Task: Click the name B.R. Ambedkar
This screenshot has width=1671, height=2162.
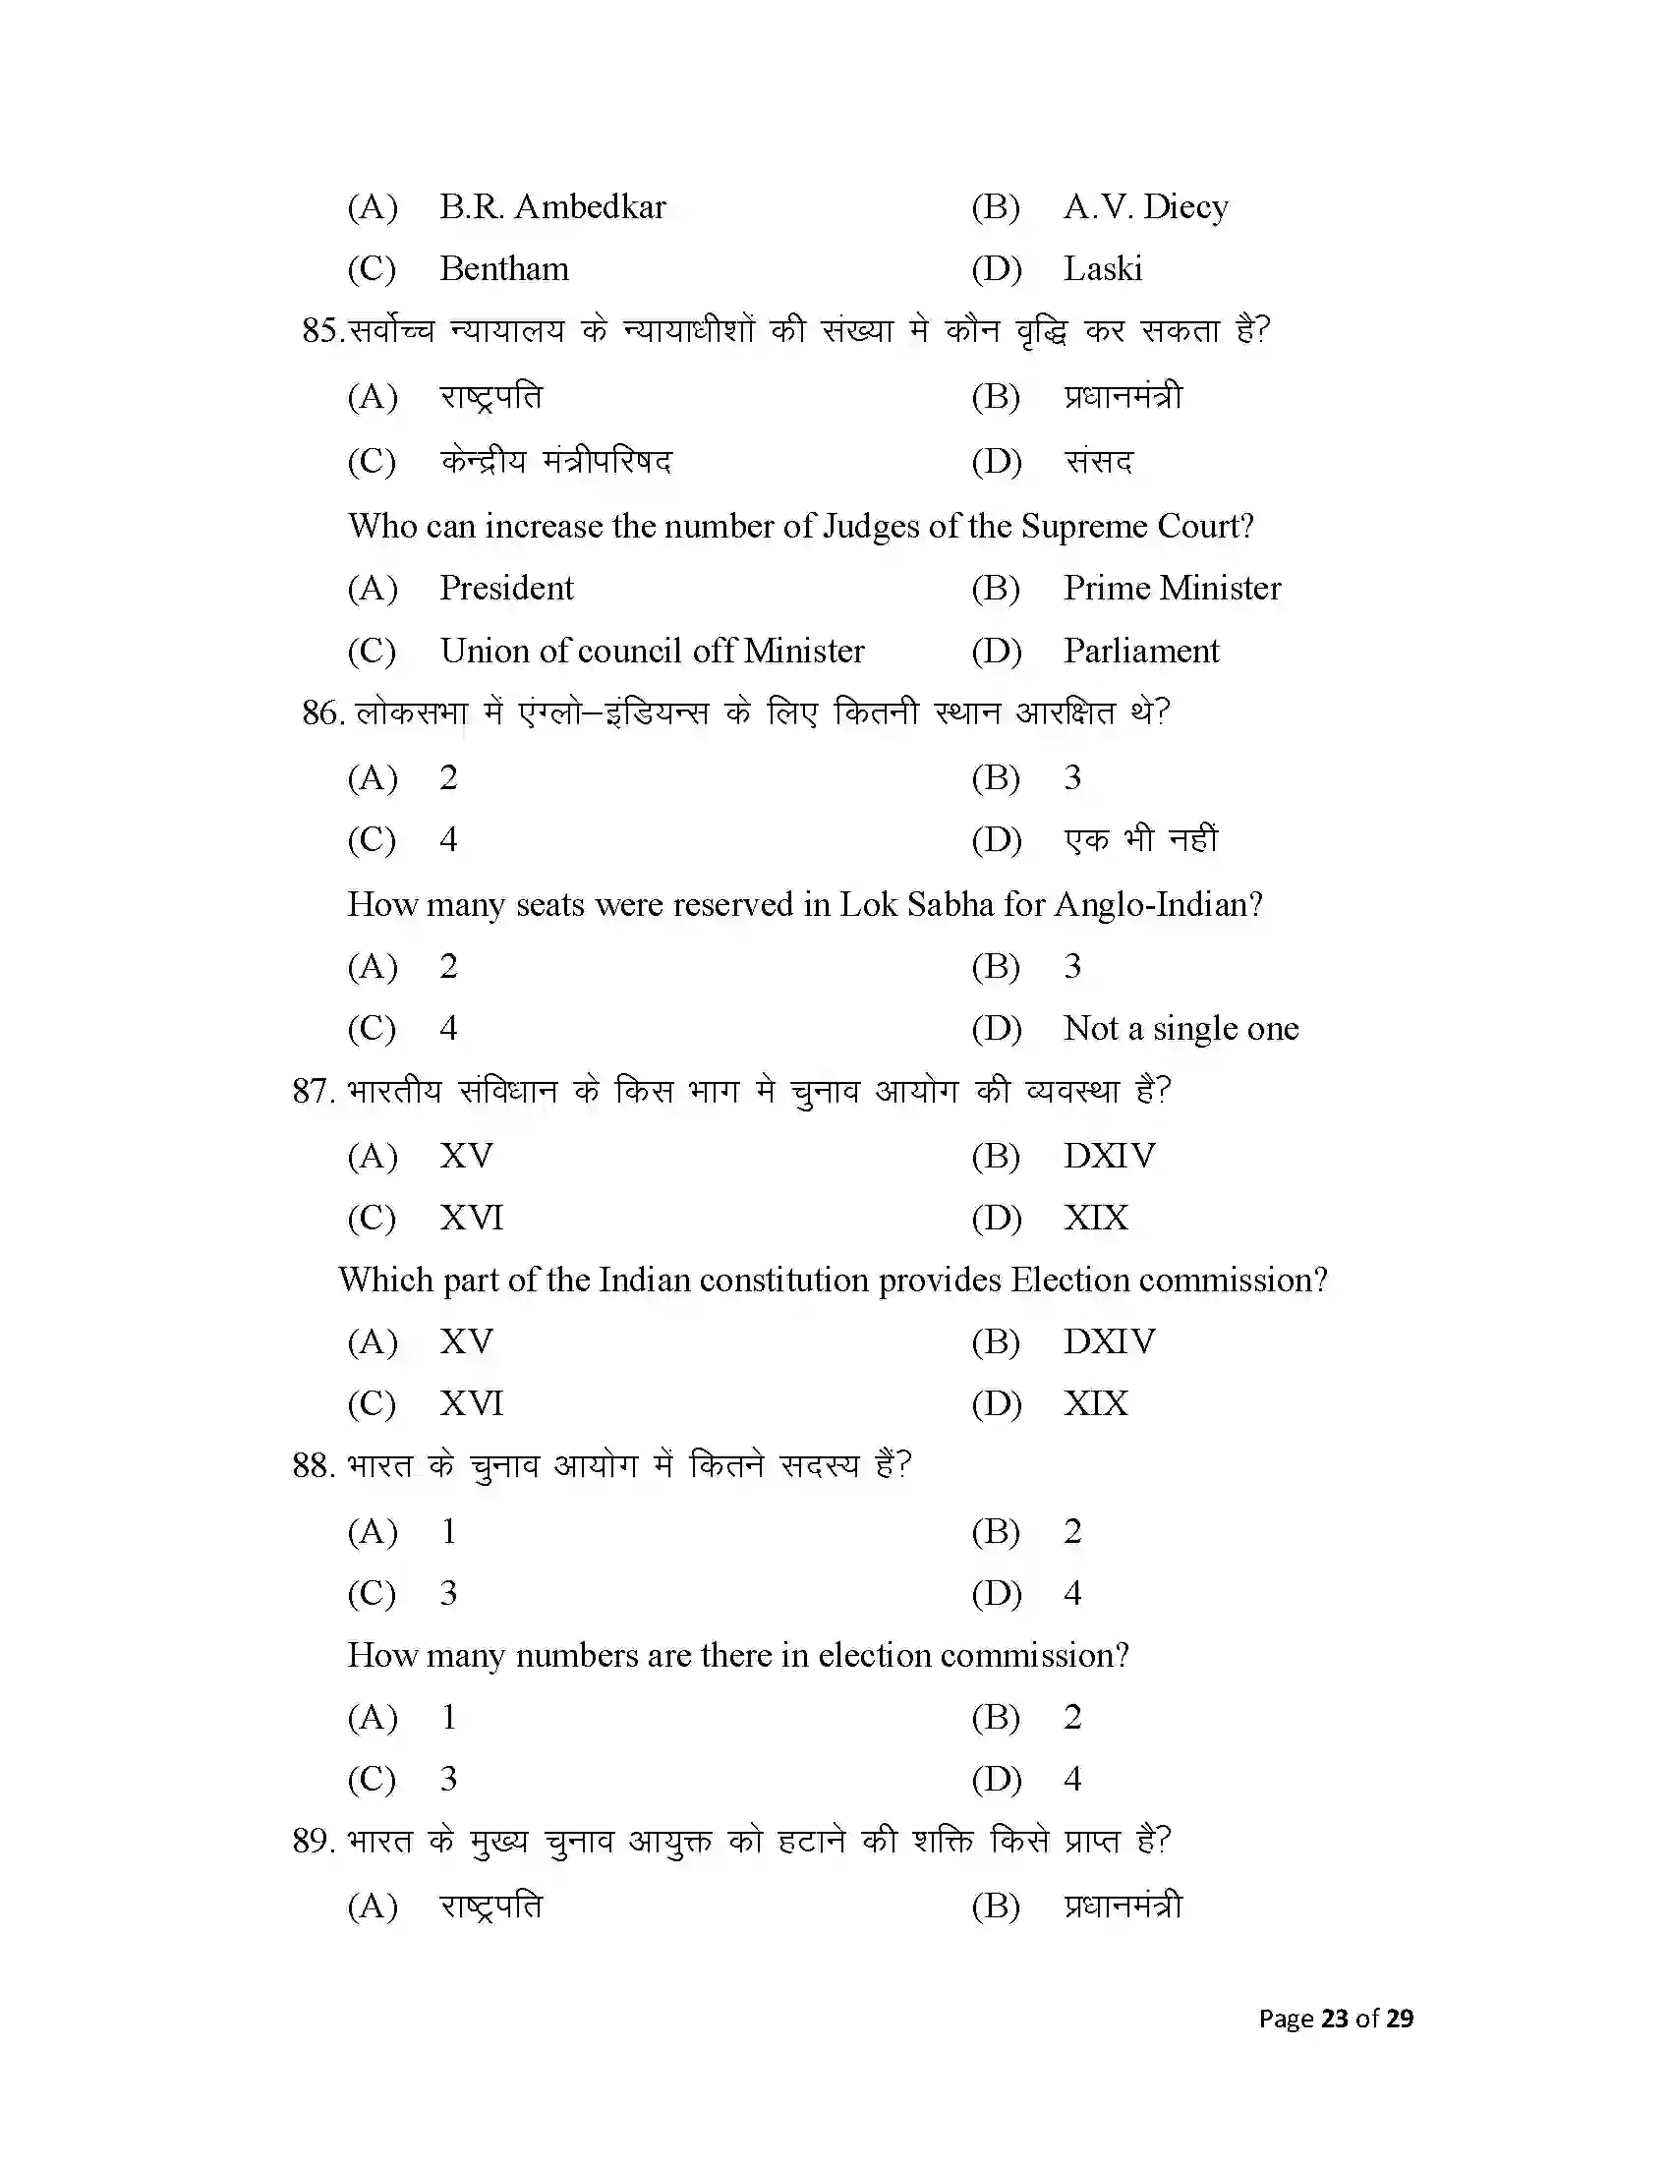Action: [x=552, y=207]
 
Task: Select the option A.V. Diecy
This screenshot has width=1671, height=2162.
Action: [x=1145, y=207]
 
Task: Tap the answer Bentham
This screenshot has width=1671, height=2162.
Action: [x=504, y=269]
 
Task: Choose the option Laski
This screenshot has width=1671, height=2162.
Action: [x=1103, y=269]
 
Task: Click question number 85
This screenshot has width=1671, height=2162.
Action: [x=320, y=330]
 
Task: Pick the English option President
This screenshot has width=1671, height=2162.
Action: [x=506, y=588]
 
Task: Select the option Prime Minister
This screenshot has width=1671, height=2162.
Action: [x=1172, y=588]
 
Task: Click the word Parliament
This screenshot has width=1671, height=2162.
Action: [x=1140, y=652]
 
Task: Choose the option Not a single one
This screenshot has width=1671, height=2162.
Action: [x=1181, y=1029]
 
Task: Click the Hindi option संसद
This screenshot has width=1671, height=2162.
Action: [x=1098, y=461]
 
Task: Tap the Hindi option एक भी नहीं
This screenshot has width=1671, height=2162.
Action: [x=1140, y=839]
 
